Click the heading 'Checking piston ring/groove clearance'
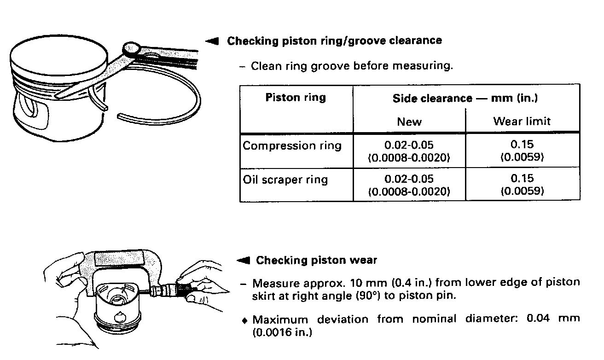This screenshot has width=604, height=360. click(334, 41)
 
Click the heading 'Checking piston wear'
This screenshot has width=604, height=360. click(316, 261)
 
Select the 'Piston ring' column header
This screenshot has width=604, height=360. click(296, 98)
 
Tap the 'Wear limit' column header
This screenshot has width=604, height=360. click(522, 122)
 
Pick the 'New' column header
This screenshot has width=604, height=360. click(409, 122)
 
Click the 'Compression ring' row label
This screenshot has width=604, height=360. click(292, 146)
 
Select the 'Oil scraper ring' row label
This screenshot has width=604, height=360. click(285, 180)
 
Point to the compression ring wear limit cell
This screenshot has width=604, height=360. click(522, 151)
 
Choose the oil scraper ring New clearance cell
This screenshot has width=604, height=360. click(409, 184)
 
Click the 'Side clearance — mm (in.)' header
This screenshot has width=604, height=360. click(465, 98)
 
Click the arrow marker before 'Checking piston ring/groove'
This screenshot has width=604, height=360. click(212, 41)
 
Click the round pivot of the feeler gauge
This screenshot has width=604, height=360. click(132, 47)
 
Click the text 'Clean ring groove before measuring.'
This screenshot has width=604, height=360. click(352, 66)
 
